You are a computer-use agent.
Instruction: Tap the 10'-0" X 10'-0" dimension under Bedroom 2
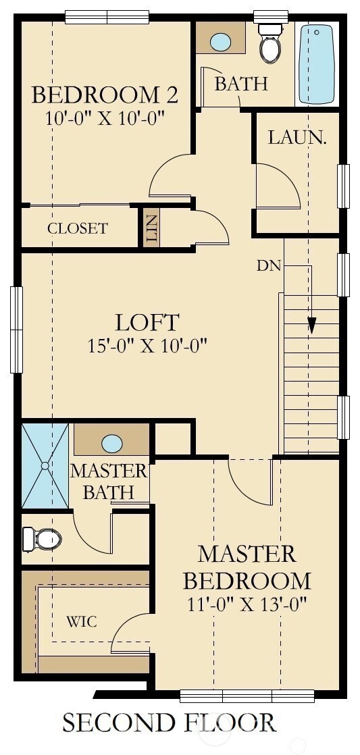[105, 118]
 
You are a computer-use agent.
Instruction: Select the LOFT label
[147, 321]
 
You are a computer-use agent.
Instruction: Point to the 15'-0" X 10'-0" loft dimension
[147, 346]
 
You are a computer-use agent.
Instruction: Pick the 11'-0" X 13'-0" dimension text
[247, 603]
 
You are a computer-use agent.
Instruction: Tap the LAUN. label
[297, 137]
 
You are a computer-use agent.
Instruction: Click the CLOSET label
[77, 228]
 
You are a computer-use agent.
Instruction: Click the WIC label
[81, 621]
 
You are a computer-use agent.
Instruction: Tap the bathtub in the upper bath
[316, 64]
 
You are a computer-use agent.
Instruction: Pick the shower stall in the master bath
[45, 465]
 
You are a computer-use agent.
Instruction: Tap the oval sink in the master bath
[111, 444]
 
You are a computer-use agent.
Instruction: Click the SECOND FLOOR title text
[169, 723]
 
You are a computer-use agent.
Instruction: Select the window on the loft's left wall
[16, 330]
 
